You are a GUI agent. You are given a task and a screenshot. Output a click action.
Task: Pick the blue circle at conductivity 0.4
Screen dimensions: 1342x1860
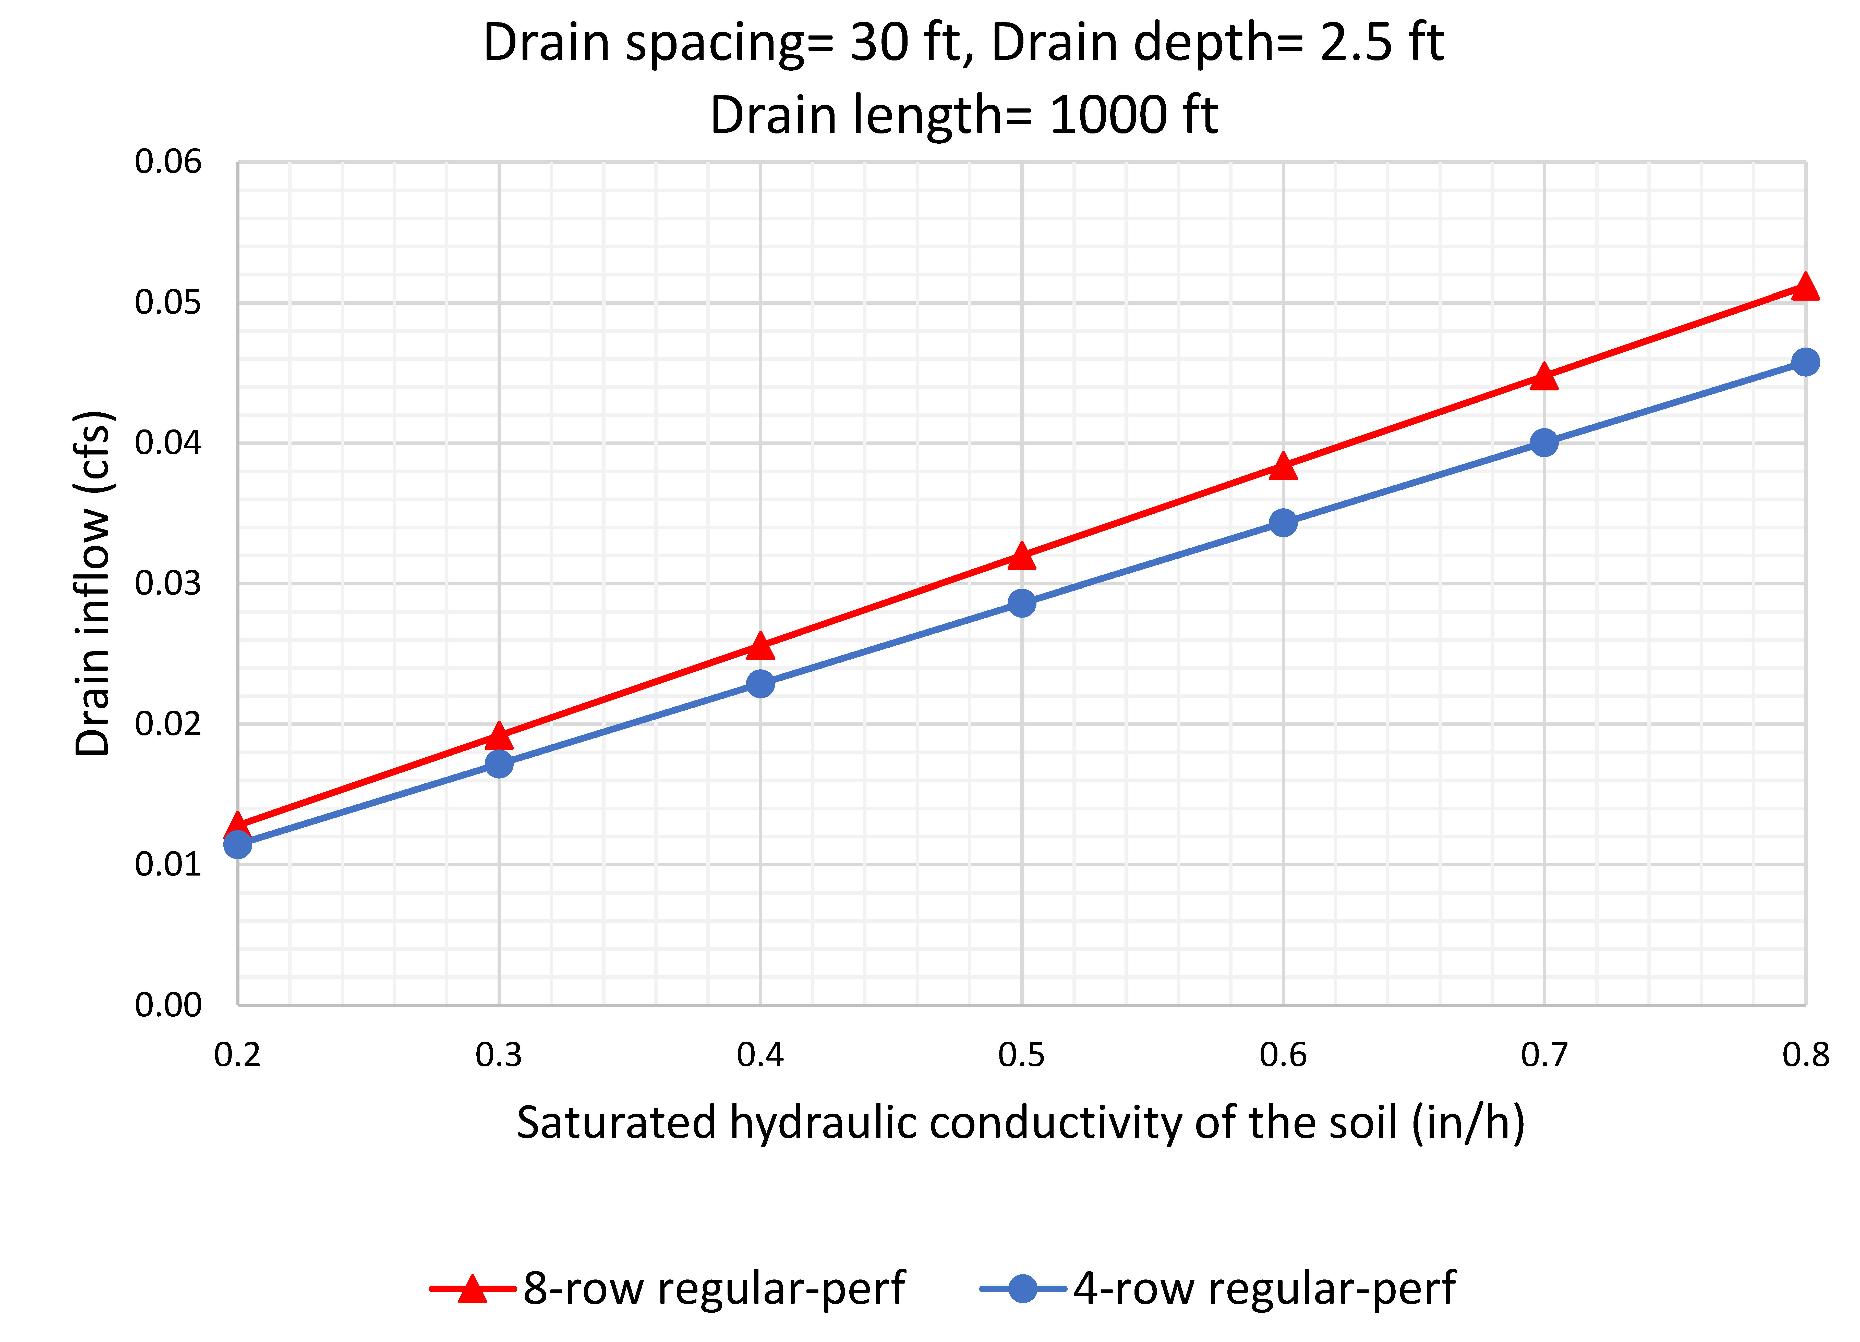click(760, 683)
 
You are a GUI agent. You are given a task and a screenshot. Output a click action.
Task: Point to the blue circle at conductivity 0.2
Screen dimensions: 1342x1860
click(238, 844)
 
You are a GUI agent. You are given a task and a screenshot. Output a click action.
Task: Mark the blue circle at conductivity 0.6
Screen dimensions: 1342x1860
click(1283, 522)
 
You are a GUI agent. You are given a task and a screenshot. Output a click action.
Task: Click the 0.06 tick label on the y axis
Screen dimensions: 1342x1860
click(168, 162)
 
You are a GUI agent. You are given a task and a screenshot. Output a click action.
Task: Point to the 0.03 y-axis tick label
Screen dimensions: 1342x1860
click(168, 584)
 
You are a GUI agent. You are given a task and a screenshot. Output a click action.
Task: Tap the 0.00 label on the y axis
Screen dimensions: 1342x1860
click(168, 1005)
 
